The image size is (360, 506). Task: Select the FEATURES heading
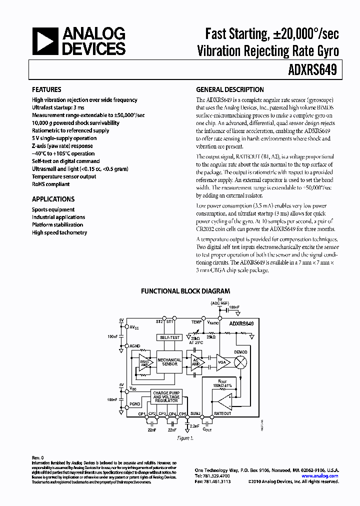[x=46, y=89]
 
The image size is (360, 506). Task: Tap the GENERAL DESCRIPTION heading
[x=229, y=89]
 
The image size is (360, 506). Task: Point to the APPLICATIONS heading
[x=53, y=198]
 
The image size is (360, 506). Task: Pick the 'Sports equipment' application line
[x=53, y=209]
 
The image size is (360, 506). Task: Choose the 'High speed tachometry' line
[x=59, y=232]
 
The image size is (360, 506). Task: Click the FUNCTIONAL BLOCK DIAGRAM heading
[x=185, y=290]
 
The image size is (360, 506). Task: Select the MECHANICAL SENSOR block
[x=169, y=361]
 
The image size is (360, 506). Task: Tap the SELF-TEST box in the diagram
[x=169, y=337]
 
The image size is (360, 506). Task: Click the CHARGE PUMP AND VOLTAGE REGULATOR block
[x=166, y=397]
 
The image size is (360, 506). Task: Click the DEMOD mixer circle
[x=241, y=361]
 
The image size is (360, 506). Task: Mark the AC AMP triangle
[x=194, y=361]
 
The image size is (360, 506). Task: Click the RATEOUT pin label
[x=222, y=414]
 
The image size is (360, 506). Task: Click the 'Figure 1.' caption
[x=185, y=438]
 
